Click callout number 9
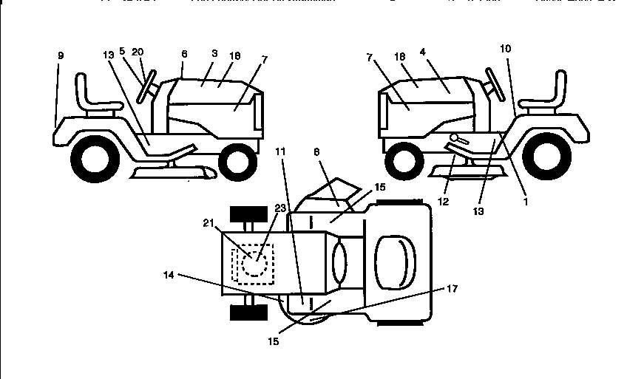tap(60, 55)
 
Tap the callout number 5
tap(122, 52)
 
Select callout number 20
tap(137, 52)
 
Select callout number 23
tap(281, 208)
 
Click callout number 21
tap(208, 222)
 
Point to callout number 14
tap(169, 275)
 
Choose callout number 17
tap(453, 289)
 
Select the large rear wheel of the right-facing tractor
tap(93, 156)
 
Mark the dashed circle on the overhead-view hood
tap(255, 262)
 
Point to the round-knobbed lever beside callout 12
tap(459, 140)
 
